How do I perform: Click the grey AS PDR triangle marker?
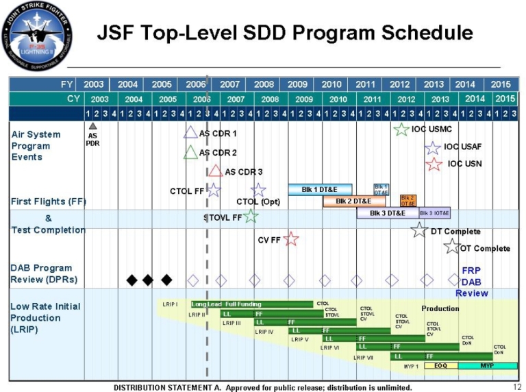click(92, 125)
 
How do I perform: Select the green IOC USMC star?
click(401, 129)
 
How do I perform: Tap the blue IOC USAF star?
click(433, 147)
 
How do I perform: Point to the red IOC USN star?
click(433, 164)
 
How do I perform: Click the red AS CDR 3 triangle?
click(216, 171)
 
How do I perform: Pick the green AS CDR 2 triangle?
click(191, 152)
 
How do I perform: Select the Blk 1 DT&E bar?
click(320, 189)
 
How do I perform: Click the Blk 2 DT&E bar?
click(353, 201)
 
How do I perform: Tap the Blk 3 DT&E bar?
click(387, 213)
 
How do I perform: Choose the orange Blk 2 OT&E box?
click(408, 201)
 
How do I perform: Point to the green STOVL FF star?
click(251, 217)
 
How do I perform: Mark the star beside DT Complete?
click(419, 230)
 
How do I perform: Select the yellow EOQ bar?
click(441, 366)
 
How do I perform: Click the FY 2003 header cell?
click(94, 84)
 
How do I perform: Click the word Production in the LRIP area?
click(440, 308)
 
